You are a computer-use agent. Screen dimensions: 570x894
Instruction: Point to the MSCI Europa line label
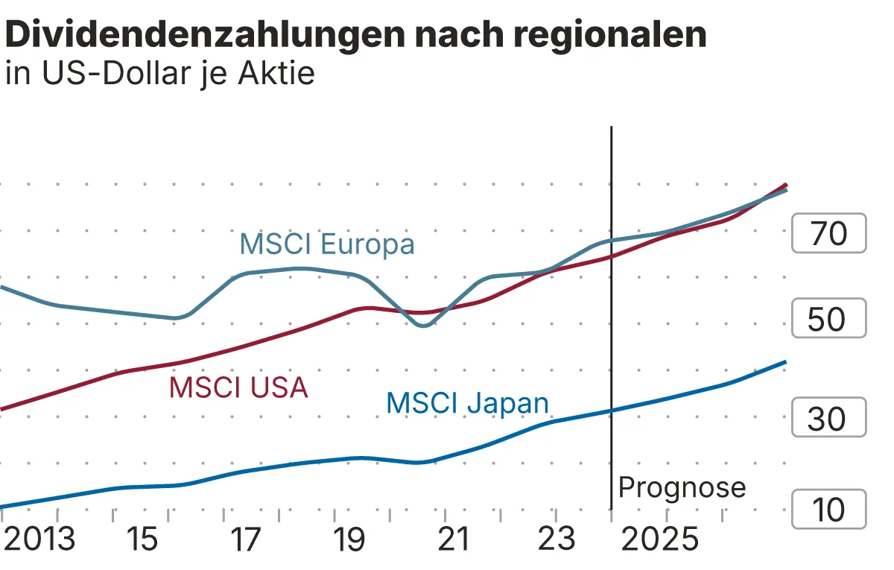coord(326,244)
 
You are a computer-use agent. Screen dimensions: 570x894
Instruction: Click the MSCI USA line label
coord(238,387)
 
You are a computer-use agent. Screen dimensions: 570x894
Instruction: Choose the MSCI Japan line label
coord(467,403)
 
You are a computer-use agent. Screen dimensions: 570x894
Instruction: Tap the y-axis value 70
coord(828,234)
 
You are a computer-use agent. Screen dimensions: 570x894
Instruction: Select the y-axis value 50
coord(828,319)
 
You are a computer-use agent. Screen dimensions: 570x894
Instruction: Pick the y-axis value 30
coord(828,419)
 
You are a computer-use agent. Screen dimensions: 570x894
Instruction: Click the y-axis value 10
coord(828,510)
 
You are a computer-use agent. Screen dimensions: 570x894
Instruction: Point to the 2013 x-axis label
coord(39,539)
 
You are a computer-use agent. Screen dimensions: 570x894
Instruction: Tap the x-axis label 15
coord(142,539)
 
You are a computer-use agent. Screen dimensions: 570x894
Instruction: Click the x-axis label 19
coord(349,539)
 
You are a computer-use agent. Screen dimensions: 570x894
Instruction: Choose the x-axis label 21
coord(453,539)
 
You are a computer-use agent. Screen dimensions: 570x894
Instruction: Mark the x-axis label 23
coord(557,539)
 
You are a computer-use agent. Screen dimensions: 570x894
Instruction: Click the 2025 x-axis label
coord(660,539)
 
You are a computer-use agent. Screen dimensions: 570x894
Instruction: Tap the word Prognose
coord(682,487)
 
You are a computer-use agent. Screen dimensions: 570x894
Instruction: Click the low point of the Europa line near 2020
coord(422,326)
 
